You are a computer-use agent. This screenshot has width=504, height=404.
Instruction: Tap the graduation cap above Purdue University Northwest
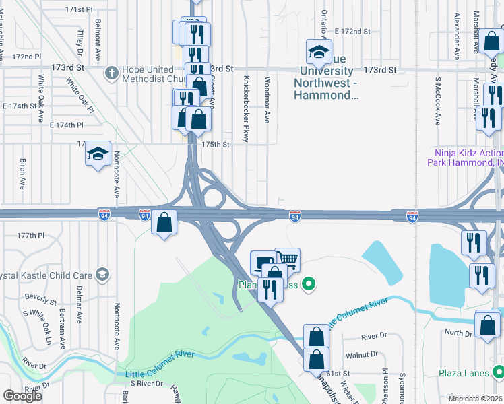tap(319, 50)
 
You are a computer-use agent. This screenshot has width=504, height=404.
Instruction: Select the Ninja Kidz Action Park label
tap(464, 157)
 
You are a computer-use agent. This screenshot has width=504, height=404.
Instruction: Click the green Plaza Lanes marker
tap(498, 372)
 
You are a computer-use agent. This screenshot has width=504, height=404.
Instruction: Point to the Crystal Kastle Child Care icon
tap(102, 275)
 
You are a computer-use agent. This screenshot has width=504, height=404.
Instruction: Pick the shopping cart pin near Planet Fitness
tap(287, 259)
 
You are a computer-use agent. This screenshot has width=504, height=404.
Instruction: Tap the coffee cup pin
tap(262, 262)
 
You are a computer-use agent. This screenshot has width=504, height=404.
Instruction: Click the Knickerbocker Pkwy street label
tap(246, 108)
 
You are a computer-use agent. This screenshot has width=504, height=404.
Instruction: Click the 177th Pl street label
tap(30, 236)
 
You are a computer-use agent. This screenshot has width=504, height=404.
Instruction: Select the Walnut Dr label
tap(362, 354)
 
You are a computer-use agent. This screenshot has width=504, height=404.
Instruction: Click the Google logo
tap(22, 396)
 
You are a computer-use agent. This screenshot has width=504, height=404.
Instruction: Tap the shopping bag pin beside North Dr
tap(486, 325)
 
